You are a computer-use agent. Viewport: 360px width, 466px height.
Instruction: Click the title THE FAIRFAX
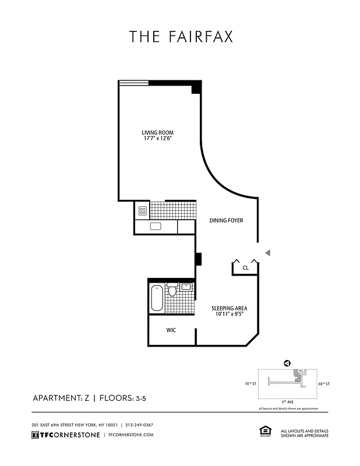tap(181, 37)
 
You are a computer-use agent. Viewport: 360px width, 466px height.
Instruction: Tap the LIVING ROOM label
tap(157, 132)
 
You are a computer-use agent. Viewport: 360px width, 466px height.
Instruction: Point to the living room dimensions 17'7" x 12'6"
tap(157, 139)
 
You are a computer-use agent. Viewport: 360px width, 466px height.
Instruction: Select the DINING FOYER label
tap(226, 221)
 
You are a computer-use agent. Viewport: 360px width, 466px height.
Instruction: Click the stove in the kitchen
tap(142, 210)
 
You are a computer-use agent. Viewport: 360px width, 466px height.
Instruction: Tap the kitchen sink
tap(156, 227)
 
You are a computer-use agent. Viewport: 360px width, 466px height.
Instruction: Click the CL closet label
tap(245, 268)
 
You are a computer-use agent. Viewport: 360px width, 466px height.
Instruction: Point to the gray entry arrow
tap(267, 252)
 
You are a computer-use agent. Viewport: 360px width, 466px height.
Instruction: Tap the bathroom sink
tap(186, 287)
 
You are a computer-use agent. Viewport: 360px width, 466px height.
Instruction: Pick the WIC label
tap(171, 330)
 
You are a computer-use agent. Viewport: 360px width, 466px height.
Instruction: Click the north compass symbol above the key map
tap(287, 363)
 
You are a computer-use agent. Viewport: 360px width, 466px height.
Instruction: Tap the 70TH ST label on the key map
tap(250, 384)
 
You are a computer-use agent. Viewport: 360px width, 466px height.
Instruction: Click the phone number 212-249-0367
tap(139, 425)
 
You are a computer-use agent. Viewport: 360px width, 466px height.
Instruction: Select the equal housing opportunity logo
tap(262, 431)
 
